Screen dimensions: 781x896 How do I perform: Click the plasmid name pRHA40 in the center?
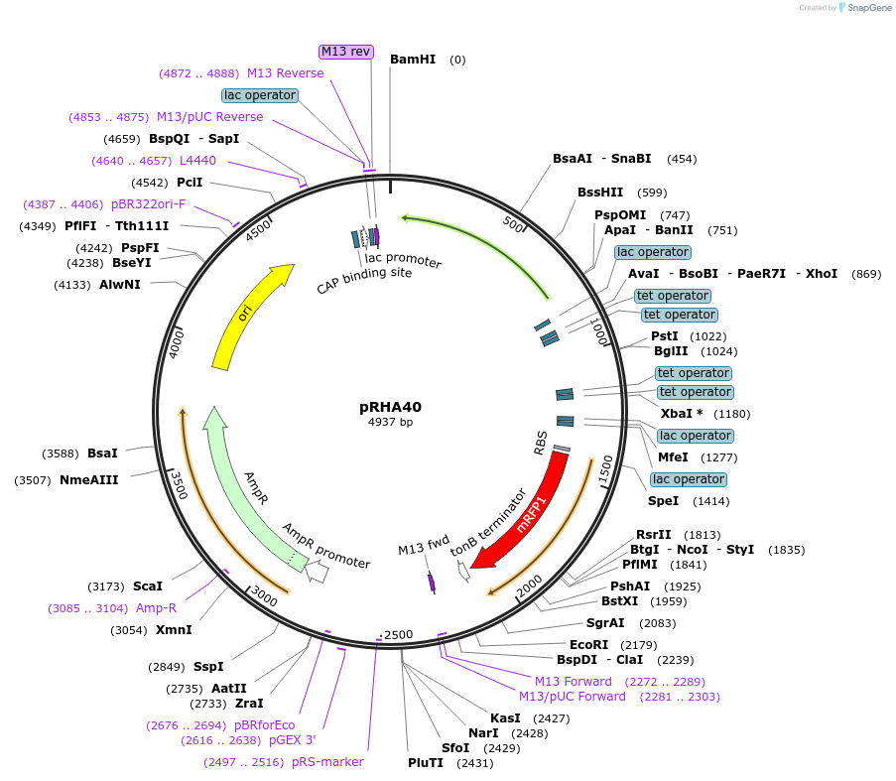[x=390, y=407]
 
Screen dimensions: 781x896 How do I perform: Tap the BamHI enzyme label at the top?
[x=413, y=60]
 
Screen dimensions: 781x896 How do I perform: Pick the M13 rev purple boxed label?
[x=345, y=52]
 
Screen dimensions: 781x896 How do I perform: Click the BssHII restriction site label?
[x=600, y=193]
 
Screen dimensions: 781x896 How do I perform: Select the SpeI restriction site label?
[x=663, y=501]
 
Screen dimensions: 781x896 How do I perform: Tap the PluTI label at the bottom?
[x=426, y=763]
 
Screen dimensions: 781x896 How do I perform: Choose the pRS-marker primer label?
[x=327, y=762]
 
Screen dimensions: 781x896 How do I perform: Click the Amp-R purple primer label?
[x=156, y=608]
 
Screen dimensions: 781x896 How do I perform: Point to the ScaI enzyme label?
[x=147, y=586]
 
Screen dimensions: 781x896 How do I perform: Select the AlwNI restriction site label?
[x=120, y=285]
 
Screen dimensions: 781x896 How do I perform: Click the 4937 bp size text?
[x=390, y=422]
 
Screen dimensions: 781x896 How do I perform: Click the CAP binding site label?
[x=364, y=281]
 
